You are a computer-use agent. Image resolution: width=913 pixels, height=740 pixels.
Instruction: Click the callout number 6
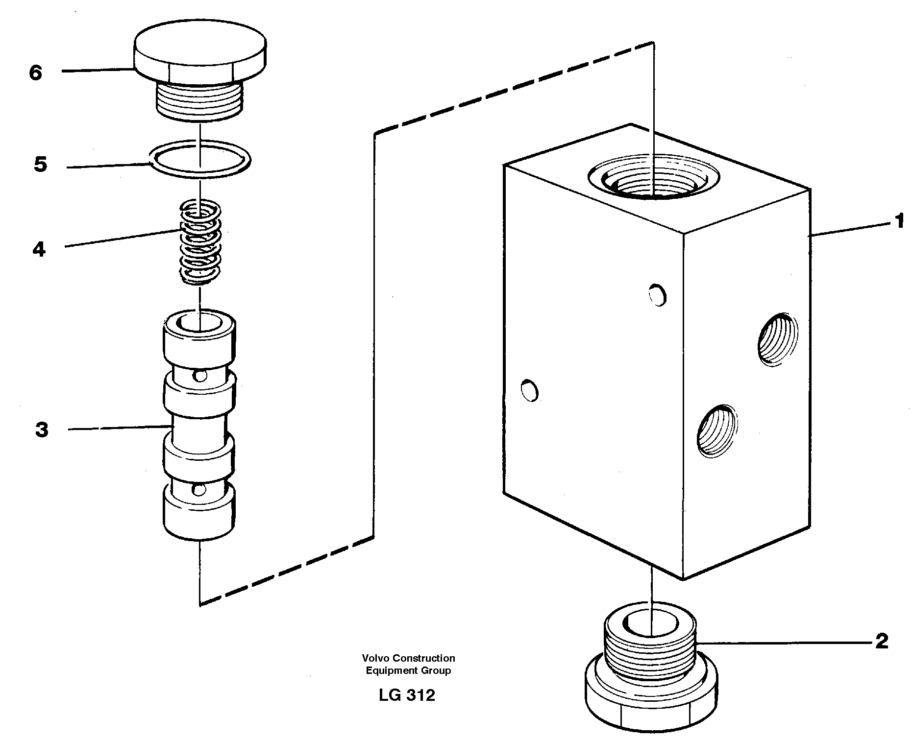click(36, 73)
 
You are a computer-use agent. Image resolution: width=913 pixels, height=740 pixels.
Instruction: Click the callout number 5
click(41, 165)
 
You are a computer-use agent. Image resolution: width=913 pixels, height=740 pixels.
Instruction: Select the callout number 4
click(39, 250)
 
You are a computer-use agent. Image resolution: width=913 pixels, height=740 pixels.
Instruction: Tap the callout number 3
click(42, 430)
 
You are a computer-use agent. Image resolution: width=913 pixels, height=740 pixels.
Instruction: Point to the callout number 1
click(899, 221)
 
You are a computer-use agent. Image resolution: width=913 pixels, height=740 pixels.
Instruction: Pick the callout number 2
click(882, 641)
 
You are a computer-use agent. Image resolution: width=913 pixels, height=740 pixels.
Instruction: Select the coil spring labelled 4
click(200, 242)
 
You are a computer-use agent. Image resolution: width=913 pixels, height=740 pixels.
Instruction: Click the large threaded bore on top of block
click(654, 181)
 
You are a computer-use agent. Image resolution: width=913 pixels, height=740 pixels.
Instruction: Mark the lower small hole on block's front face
click(530, 390)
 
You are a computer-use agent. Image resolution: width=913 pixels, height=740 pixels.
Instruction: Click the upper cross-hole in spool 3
click(199, 376)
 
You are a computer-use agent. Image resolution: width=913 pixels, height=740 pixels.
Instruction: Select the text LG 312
click(407, 695)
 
